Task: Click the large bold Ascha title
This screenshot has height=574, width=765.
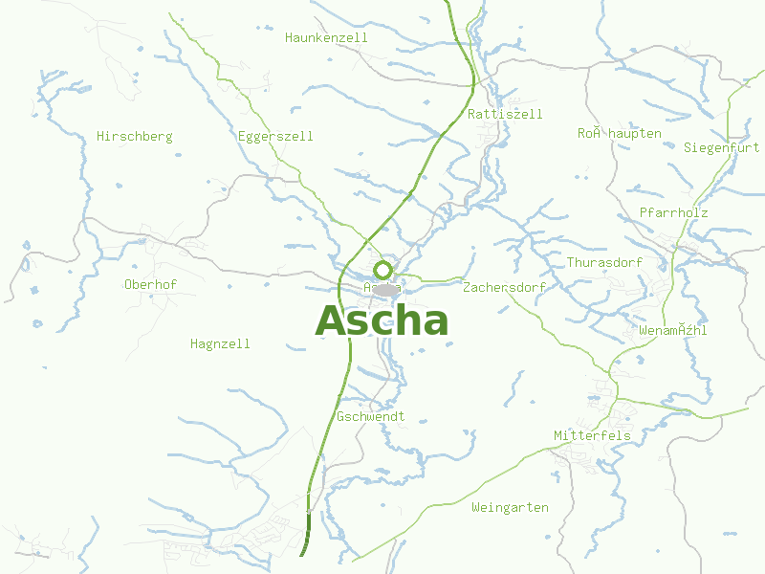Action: [382, 321]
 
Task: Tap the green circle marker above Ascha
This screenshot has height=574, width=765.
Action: [383, 270]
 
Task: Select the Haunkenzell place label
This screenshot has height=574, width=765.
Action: [326, 37]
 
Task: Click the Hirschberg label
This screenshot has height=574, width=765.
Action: [135, 137]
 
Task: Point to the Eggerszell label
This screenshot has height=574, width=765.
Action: [275, 137]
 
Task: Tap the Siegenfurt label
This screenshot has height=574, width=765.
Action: [721, 147]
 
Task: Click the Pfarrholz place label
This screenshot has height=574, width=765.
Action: [673, 212]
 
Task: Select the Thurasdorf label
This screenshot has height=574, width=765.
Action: [604, 262]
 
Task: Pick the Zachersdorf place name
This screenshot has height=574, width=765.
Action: [504, 287]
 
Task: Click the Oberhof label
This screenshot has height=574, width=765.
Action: [151, 284]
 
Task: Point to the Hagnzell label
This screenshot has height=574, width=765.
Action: [220, 343]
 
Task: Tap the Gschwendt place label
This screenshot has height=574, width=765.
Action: [371, 417]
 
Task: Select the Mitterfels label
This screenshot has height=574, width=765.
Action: [593, 436]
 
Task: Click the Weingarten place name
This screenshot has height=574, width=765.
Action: [510, 507]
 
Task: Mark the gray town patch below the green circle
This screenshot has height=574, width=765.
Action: [385, 289]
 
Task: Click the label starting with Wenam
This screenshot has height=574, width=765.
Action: [673, 331]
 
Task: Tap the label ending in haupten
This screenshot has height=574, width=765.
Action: [619, 133]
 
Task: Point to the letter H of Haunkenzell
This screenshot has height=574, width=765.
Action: [289, 37]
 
